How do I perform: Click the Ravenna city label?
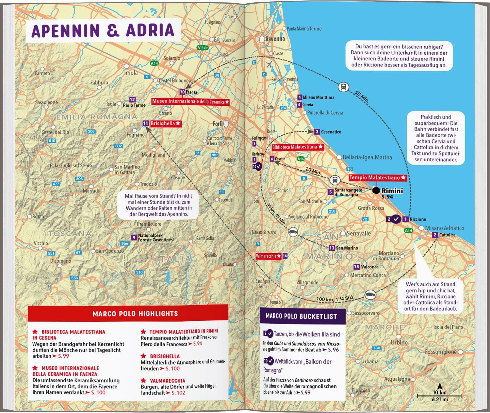(x=275, y=39)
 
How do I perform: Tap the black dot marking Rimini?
(x=376, y=190)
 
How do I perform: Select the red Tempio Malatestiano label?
(x=378, y=178)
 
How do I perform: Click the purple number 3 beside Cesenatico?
(x=317, y=132)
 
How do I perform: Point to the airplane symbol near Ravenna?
(x=269, y=64)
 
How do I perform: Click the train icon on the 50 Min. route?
(x=344, y=87)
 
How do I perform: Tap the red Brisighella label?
(x=165, y=124)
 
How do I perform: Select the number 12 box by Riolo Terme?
(x=132, y=99)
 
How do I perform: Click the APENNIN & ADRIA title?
(x=103, y=30)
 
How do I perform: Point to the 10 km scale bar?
(x=439, y=396)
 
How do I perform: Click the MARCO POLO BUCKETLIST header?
(x=301, y=316)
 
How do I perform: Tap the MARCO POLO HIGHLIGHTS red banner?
(x=135, y=314)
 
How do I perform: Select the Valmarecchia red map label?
(x=268, y=256)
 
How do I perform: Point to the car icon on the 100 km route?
(x=370, y=295)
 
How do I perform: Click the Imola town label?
(x=131, y=73)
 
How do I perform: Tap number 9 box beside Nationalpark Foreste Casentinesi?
(x=133, y=238)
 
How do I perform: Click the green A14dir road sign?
(x=203, y=48)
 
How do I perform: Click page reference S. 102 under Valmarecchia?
(x=178, y=393)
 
